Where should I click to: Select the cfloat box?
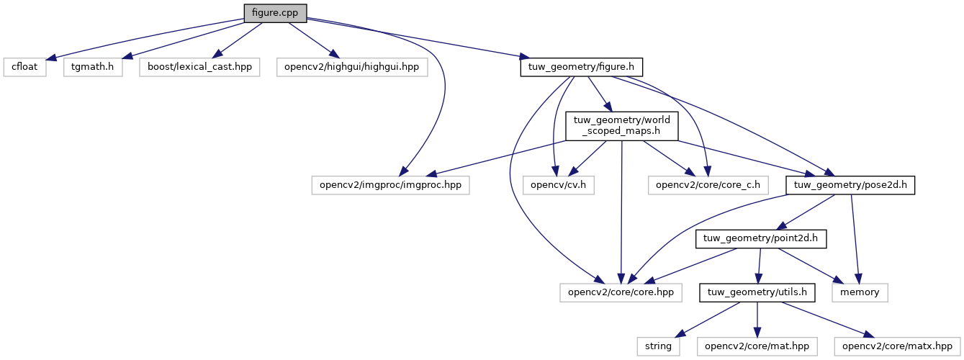(24, 67)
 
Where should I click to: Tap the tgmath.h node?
(92, 67)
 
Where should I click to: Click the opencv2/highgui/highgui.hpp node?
(352, 67)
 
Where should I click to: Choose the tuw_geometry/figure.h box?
(581, 67)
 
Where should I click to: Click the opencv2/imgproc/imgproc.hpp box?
(390, 185)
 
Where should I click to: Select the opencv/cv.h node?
(552, 185)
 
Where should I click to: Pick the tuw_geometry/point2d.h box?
(761, 238)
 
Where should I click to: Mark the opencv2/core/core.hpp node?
(610, 292)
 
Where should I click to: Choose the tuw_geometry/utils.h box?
(757, 292)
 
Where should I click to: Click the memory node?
(860, 292)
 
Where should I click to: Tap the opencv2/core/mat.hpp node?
(756, 346)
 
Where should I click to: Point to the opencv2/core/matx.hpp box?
(898, 346)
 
